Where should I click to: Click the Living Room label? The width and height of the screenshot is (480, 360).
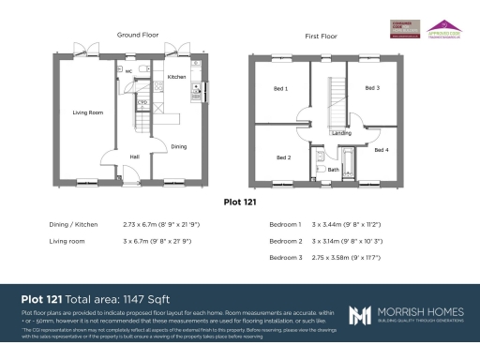[87, 112]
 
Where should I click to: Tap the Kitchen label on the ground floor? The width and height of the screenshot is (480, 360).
[176, 77]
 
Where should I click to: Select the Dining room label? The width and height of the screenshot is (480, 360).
[178, 146]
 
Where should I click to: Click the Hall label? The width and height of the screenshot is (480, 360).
[135, 156]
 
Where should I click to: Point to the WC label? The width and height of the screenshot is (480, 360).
[127, 71]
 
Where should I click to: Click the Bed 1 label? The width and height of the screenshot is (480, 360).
[279, 88]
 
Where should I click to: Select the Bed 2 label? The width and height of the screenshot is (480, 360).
[283, 157]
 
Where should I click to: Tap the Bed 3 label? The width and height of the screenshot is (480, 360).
[372, 87]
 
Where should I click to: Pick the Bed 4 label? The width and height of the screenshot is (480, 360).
[381, 149]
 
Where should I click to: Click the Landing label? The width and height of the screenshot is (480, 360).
[341, 133]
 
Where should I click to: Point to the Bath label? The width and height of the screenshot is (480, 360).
[333, 170]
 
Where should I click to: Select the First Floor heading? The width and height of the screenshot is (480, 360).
[322, 36]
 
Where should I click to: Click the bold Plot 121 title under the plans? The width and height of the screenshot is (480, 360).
[240, 201]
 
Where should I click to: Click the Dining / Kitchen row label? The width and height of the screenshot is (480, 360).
[72, 225]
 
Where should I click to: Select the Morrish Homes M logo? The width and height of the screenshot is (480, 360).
[361, 315]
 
